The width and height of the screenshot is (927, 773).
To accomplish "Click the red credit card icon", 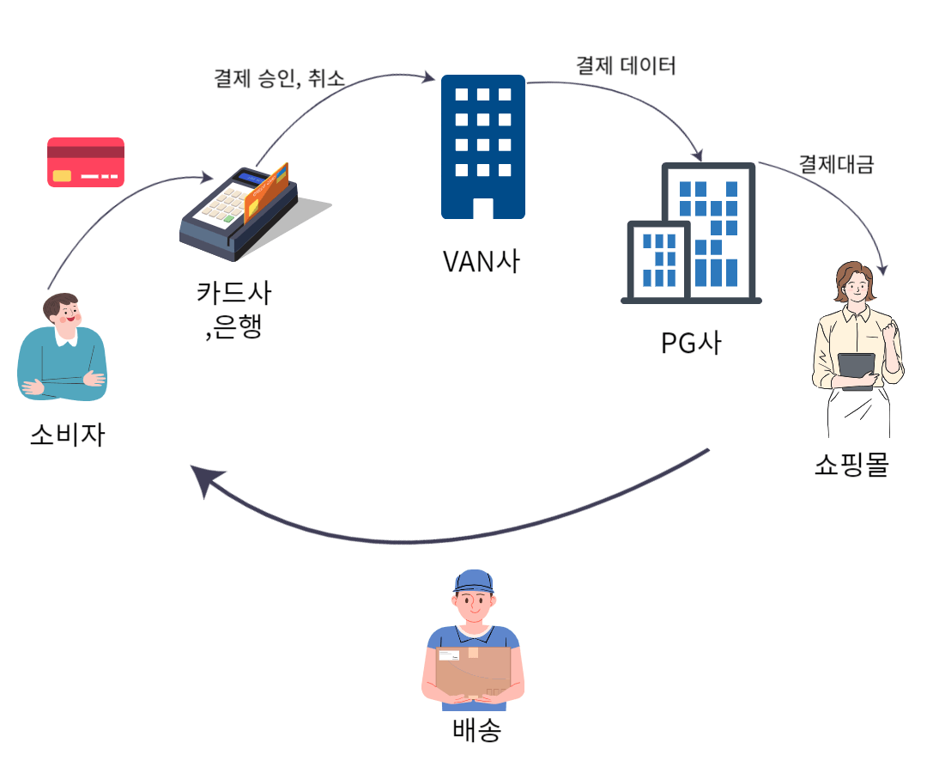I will (85, 161).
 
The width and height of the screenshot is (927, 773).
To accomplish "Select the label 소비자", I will (67, 435).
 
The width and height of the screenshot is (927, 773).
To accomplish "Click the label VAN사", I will (481, 260).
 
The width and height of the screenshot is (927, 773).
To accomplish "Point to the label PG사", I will (691, 342).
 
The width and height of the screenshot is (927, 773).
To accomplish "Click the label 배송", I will (476, 731).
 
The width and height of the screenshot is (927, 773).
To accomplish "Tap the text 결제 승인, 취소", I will (279, 78).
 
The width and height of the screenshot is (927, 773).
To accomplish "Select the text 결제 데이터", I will (626, 65).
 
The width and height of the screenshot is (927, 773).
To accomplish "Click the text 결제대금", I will (836, 165).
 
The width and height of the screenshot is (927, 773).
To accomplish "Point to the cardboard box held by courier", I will (472, 672).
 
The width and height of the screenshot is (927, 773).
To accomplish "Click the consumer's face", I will (64, 315).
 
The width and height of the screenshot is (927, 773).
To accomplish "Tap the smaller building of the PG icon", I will (658, 258).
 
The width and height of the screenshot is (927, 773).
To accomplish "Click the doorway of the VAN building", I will (483, 208).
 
